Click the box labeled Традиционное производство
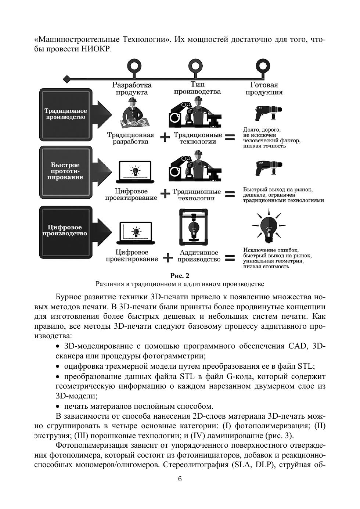[65, 114]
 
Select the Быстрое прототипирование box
[65, 171]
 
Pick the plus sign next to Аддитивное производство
[168, 257]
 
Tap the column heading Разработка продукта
[132, 89]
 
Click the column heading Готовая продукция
[264, 89]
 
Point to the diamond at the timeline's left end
[66, 79]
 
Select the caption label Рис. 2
[180, 275]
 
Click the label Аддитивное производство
[199, 256]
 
